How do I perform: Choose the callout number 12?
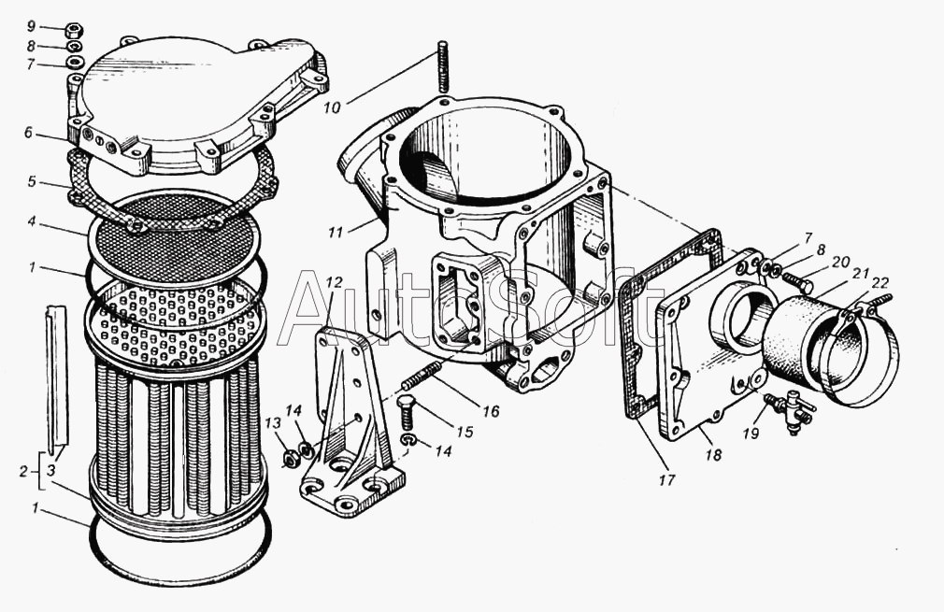[x=335, y=281]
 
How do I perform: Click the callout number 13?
[x=272, y=424]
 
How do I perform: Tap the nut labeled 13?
[x=290, y=459]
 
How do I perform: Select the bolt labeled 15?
[x=408, y=407]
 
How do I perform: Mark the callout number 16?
[x=491, y=411]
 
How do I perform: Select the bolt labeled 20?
[x=796, y=279]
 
